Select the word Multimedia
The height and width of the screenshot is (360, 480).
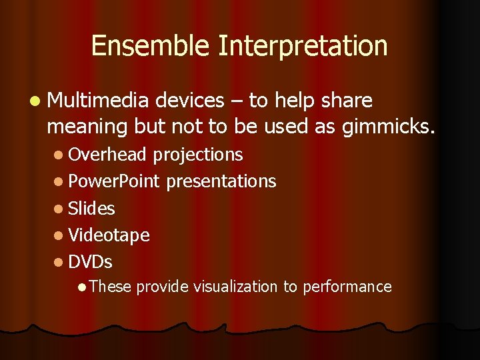(98, 101)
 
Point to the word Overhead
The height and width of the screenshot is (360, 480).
(107, 155)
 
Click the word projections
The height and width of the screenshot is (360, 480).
(198, 155)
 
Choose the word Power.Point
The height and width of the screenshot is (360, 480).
(114, 181)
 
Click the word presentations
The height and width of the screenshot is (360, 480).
(221, 181)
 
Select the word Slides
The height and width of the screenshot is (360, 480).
(91, 209)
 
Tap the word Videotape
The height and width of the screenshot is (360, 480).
(109, 235)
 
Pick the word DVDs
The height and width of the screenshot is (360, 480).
(90, 262)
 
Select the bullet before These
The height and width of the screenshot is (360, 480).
(81, 287)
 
